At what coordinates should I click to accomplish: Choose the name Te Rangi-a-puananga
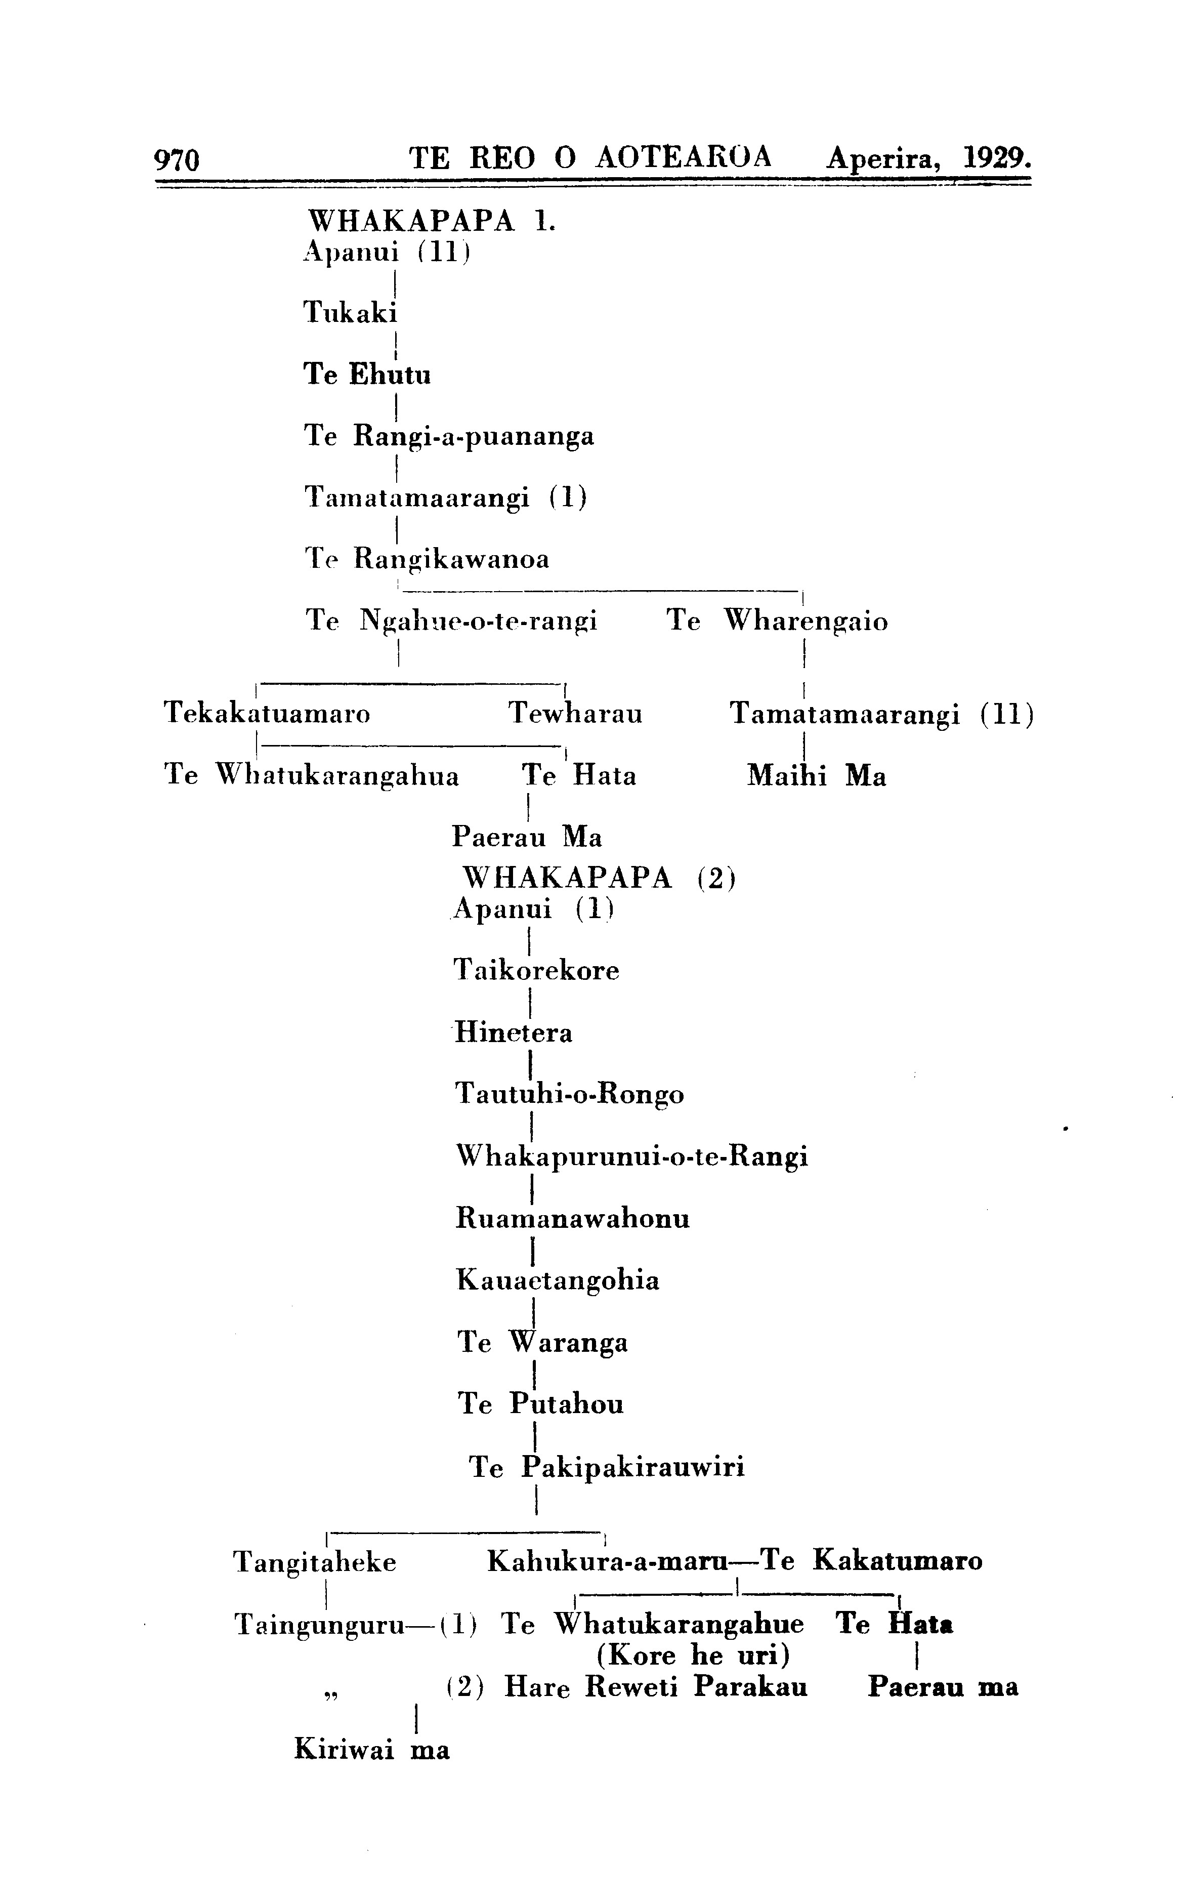(449, 437)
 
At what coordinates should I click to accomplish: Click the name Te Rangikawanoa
(427, 560)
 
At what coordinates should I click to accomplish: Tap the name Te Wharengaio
(777, 622)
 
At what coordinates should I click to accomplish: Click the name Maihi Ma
(817, 776)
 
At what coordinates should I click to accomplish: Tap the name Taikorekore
(537, 971)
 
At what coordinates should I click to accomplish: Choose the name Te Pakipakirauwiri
(607, 1467)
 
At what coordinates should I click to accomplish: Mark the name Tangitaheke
(315, 1562)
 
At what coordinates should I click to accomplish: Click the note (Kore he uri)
(693, 1656)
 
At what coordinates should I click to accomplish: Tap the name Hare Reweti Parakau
(656, 1687)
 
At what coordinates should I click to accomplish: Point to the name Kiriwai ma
(372, 1750)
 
